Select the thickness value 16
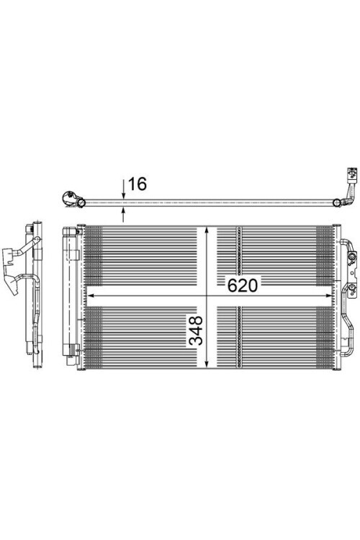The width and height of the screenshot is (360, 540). coord(137,184)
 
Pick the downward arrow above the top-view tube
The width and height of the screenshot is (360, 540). coord(124,193)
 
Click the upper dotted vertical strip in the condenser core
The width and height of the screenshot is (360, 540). coord(238,249)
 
